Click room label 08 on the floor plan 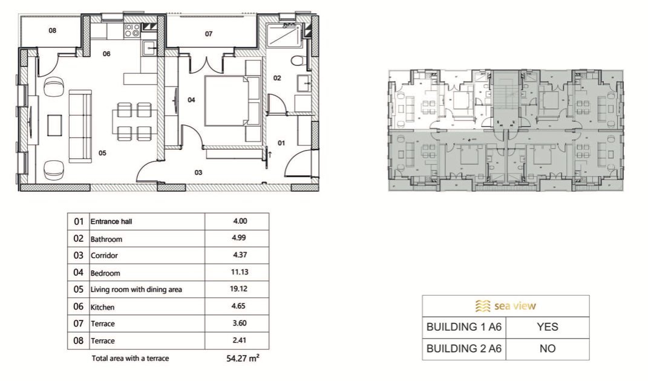tap(53, 30)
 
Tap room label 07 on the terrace tap(209, 34)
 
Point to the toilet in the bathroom tap(299, 61)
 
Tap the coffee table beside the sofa tap(54, 125)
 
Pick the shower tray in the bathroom tap(285, 35)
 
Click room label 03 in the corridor tap(198, 173)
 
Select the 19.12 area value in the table tap(239, 289)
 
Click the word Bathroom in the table tap(106, 239)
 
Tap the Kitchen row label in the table tap(102, 307)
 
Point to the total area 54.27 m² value tap(243, 358)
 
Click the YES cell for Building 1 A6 tap(548, 327)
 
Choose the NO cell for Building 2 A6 tap(548, 349)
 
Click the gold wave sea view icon tap(483, 306)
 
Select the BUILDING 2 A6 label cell tap(464, 349)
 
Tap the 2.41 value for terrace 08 tap(239, 340)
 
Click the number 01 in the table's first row tap(79, 222)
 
